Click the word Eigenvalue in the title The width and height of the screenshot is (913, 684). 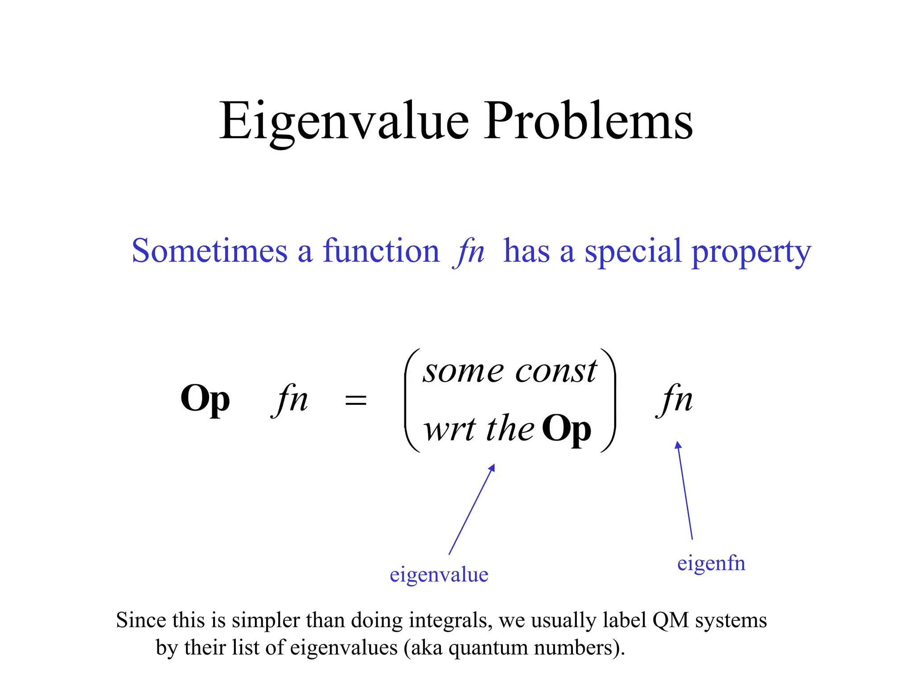343,121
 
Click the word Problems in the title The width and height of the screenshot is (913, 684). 588,121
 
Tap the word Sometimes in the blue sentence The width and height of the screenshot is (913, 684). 210,251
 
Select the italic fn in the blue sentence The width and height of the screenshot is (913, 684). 469,252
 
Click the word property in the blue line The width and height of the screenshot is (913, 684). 751,252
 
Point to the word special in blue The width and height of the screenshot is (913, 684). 633,252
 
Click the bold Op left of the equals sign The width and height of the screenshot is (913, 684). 205,399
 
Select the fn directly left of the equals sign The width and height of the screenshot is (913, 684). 290,399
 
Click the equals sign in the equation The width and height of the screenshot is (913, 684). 355,400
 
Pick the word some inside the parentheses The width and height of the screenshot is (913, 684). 464,371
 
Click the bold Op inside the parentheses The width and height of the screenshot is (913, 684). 566,429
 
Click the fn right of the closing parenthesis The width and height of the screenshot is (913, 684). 675,399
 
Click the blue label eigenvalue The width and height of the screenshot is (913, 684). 439,574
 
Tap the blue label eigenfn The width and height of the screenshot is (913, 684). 711,563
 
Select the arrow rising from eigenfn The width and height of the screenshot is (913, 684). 685,490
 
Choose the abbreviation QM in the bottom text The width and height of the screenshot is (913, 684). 670,620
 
